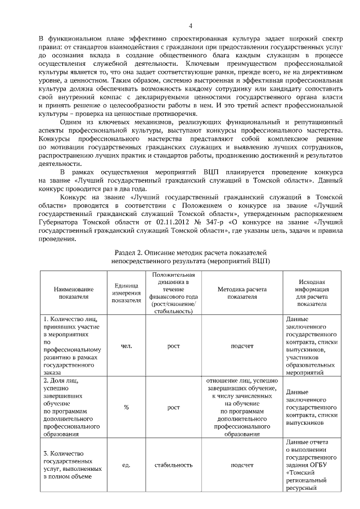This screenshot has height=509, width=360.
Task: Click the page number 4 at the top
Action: [190, 26]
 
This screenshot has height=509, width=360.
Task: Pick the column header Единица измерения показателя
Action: [127, 292]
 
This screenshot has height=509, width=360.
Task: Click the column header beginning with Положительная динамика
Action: [173, 292]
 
